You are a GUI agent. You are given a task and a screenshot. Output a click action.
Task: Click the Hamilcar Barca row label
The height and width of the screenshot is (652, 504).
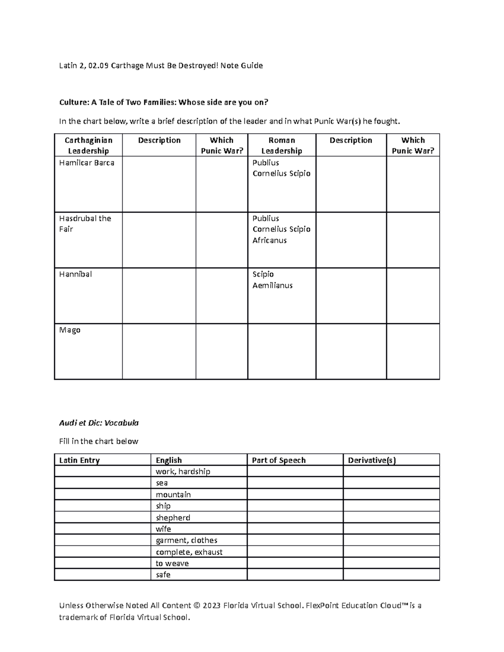(87, 163)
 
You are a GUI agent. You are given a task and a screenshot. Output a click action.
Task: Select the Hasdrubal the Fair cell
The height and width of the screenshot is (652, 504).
(85, 224)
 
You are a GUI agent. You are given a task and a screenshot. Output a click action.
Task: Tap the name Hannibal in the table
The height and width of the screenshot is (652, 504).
(76, 275)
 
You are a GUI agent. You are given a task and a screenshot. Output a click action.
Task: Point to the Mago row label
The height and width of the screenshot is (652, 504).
(70, 330)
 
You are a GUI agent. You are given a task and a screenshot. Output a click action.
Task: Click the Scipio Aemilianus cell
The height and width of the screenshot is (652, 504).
(272, 280)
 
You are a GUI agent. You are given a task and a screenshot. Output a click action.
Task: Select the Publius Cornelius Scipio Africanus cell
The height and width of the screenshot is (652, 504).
(281, 229)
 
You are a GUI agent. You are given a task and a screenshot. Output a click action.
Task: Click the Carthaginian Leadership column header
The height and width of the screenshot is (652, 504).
(88, 145)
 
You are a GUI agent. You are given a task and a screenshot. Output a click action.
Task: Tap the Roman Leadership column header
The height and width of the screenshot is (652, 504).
(281, 145)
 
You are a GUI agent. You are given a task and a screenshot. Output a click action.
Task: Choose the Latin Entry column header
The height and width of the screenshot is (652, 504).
(79, 460)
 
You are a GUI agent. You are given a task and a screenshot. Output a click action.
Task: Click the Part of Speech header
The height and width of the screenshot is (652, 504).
(278, 460)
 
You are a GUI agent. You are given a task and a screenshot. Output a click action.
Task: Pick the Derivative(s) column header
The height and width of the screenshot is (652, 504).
(372, 460)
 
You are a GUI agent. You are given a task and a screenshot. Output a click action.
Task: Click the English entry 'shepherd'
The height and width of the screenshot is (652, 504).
(173, 518)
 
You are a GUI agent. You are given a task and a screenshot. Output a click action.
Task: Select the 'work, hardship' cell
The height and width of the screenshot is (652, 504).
(183, 471)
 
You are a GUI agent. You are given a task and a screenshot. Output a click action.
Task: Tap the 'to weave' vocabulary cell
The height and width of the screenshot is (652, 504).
(172, 563)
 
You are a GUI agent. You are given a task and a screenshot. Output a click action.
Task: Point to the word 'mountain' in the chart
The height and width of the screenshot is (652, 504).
(173, 495)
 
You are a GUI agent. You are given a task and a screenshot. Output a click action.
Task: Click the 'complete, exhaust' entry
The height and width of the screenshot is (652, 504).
(189, 552)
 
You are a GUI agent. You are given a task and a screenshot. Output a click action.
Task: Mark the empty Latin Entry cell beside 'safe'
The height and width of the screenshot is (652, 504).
(102, 575)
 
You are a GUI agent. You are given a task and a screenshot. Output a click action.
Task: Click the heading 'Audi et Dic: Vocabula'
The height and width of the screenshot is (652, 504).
(99, 423)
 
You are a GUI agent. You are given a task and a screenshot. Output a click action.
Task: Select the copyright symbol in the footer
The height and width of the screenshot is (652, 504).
(197, 605)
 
